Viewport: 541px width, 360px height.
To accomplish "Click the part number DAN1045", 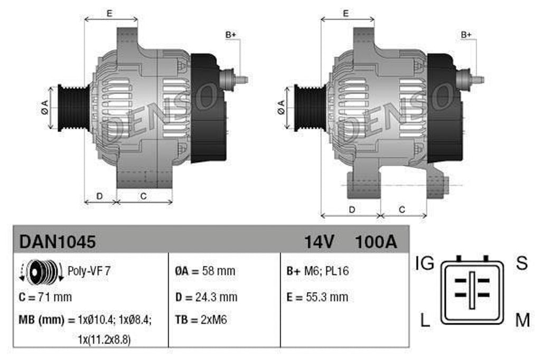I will pyautogui.click(x=58, y=242).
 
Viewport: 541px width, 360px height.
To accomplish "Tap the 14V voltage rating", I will pyautogui.click(x=319, y=242).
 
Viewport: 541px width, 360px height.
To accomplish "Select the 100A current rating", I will pyautogui.click(x=376, y=242).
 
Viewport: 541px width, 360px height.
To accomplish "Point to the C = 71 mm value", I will pyautogui.click(x=45, y=297).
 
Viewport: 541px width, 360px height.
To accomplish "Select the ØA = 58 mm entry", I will pyautogui.click(x=205, y=272).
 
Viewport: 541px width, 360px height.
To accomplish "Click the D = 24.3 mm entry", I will pyautogui.click(x=206, y=297).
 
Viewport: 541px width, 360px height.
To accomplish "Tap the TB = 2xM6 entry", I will pyautogui.click(x=201, y=320).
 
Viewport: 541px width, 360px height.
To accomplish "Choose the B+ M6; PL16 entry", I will pyautogui.click(x=318, y=272).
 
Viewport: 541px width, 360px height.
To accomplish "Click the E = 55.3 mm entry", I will pyautogui.click(x=317, y=297).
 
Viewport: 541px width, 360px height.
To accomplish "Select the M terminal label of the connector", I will pyautogui.click(x=522, y=319).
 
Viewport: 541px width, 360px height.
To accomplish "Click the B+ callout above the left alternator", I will pyautogui.click(x=231, y=35).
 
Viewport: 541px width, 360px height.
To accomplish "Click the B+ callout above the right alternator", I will pyautogui.click(x=466, y=35).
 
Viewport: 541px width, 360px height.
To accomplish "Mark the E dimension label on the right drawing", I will pyautogui.click(x=346, y=14).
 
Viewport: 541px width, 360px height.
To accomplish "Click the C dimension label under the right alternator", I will pyautogui.click(x=402, y=210).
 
